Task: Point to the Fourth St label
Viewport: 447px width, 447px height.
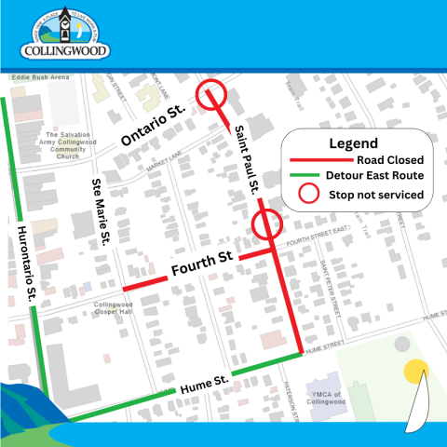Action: click(199, 268)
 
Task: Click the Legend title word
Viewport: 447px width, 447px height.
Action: click(353, 143)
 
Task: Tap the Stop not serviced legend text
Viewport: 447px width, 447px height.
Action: click(374, 195)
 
